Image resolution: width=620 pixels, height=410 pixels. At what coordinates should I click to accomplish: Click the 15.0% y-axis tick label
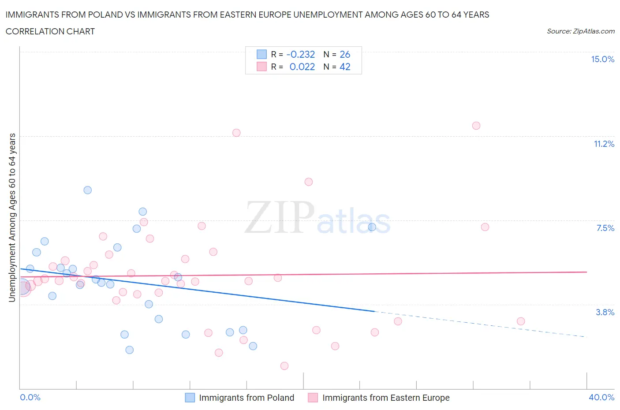click(602, 60)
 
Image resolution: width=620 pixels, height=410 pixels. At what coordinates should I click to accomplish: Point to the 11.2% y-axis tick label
click(604, 144)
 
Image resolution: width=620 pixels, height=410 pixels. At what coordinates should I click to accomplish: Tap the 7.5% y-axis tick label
click(605, 228)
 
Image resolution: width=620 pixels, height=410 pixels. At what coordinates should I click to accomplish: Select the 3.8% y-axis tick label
click(605, 313)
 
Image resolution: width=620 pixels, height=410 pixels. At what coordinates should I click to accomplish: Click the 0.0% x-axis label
click(30, 398)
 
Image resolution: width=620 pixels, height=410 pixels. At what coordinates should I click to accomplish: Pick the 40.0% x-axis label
click(601, 398)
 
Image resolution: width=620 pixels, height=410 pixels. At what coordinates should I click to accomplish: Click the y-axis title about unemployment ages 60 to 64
click(12, 218)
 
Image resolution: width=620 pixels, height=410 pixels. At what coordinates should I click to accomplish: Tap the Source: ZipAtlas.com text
click(580, 31)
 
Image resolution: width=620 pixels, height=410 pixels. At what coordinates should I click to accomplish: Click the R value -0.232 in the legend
click(300, 55)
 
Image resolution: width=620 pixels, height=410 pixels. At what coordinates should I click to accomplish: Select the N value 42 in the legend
click(345, 67)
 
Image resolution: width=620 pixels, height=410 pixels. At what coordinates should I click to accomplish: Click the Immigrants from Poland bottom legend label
click(246, 398)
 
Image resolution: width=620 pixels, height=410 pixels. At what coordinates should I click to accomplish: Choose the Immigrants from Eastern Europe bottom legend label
click(386, 398)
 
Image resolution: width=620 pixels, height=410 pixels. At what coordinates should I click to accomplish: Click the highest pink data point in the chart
click(476, 126)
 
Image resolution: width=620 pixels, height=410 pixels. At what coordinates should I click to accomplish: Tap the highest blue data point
click(88, 190)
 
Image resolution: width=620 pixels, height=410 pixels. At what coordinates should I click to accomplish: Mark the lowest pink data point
click(284, 366)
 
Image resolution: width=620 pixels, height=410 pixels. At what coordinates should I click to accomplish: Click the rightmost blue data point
click(372, 227)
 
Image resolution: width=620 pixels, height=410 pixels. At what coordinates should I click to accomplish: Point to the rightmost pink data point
click(521, 321)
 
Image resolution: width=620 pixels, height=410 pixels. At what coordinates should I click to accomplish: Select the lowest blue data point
click(130, 350)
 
